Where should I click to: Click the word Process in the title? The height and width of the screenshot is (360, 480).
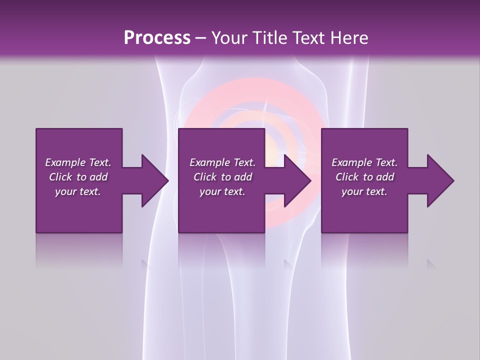(x=157, y=37)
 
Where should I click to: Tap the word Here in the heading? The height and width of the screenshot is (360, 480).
(x=349, y=37)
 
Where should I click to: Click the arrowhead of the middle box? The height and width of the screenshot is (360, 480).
(x=297, y=180)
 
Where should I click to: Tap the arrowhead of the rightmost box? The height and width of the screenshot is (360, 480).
(x=440, y=180)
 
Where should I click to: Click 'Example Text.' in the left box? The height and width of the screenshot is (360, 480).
(x=78, y=162)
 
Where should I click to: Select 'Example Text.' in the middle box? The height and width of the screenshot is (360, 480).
(x=222, y=162)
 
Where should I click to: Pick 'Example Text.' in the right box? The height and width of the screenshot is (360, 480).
(x=364, y=162)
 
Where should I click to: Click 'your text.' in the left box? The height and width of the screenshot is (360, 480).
(x=78, y=191)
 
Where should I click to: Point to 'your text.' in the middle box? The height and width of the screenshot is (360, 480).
(x=222, y=191)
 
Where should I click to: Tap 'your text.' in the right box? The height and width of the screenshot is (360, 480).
(x=364, y=191)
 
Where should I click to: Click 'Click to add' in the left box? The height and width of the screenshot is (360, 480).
(x=78, y=177)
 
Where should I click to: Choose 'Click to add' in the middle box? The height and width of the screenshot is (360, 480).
(x=222, y=177)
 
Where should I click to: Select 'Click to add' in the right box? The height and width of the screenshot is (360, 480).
(x=364, y=177)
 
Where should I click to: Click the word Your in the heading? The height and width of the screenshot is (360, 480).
(x=227, y=37)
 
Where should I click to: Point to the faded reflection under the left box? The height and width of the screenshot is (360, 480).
(x=79, y=250)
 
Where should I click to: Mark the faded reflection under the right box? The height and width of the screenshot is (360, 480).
(x=364, y=250)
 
